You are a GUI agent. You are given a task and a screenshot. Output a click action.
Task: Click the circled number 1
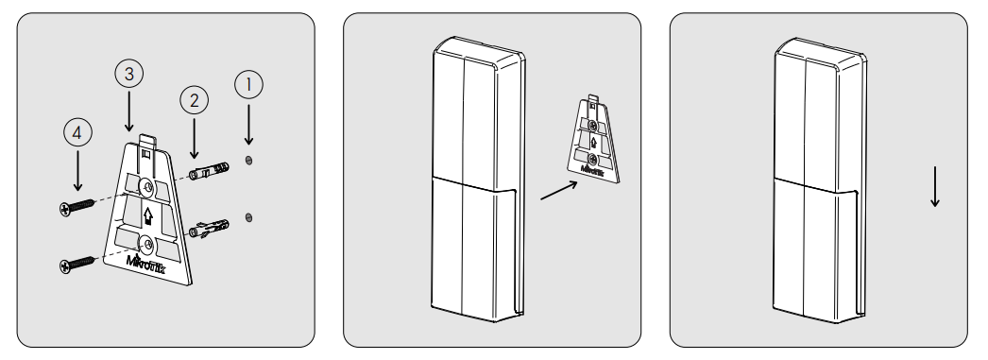pos(249,84)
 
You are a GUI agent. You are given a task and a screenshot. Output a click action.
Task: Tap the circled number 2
pos(194,99)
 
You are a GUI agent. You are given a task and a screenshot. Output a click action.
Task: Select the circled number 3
pos(129,74)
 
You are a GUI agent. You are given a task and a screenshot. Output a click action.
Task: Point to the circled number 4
pos(77,132)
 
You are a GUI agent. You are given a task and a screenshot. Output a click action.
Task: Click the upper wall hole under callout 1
pos(249,160)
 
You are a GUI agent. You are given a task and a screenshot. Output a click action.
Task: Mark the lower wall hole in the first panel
pos(249,217)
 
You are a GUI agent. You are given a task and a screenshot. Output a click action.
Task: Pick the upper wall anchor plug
pos(209,171)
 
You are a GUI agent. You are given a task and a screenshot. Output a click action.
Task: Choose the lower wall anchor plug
pos(209,229)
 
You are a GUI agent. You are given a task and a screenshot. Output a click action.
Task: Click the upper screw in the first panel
pos(77,207)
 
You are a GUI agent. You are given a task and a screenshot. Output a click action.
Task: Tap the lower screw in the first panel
pos(77,265)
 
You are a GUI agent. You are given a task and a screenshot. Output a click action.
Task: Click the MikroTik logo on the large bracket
pos(146,263)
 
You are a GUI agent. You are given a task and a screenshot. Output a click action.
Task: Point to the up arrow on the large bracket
pos(148,216)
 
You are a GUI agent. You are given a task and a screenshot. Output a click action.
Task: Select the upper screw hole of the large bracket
pos(147,187)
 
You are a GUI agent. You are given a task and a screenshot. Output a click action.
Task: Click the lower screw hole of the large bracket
pos(147,244)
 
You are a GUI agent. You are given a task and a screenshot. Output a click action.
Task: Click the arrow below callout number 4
pos(77,170)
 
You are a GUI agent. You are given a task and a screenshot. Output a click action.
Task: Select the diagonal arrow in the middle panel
pos(559,191)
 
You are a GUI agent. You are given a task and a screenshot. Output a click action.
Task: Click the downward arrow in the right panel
pos(935,187)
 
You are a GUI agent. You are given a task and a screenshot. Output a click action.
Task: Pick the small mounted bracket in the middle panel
pos(593,139)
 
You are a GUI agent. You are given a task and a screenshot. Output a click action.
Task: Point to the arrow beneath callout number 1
pos(249,125)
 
